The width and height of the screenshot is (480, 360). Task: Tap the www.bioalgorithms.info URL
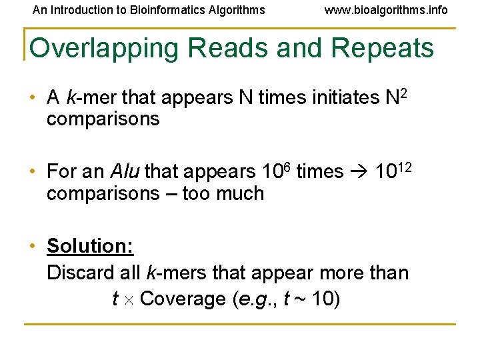pos(386,10)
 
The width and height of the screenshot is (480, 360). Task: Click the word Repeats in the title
pos(382,49)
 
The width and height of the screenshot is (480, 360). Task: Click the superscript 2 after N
pos(403,93)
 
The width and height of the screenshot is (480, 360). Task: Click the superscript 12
pos(406,166)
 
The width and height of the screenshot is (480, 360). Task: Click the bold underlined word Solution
pos(90,246)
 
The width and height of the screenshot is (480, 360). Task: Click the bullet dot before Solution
pos(32,246)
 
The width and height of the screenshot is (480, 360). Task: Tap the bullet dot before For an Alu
pos(32,172)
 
